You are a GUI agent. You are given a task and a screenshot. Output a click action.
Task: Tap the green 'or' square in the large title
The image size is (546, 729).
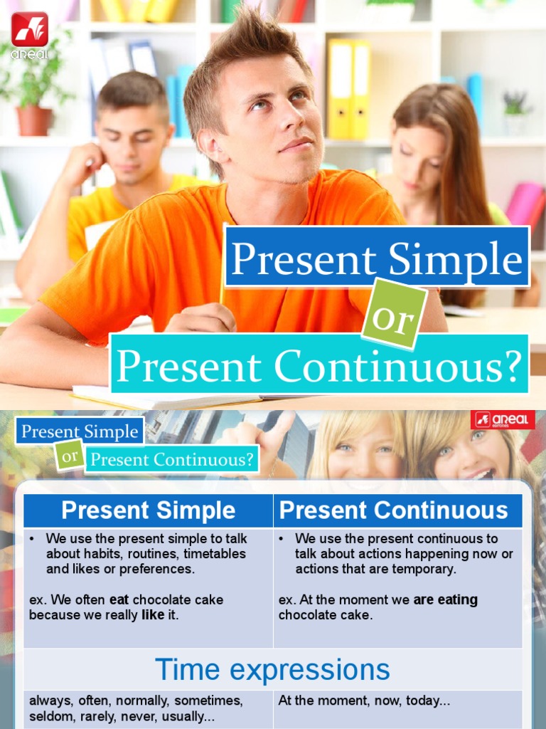(395, 314)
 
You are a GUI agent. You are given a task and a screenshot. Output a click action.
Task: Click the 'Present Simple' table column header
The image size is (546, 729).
(148, 510)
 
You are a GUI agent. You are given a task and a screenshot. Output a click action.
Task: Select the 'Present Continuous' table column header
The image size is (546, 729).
(393, 510)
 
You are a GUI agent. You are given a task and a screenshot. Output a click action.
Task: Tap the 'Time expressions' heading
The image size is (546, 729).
(272, 670)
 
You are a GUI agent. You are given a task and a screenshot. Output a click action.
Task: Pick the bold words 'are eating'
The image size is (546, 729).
(445, 600)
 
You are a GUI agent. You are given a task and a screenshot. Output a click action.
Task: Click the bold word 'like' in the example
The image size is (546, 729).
(153, 615)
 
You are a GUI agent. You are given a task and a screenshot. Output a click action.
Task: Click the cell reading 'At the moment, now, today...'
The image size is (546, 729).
(364, 701)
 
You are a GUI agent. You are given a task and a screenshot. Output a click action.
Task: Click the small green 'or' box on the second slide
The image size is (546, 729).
(69, 457)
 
